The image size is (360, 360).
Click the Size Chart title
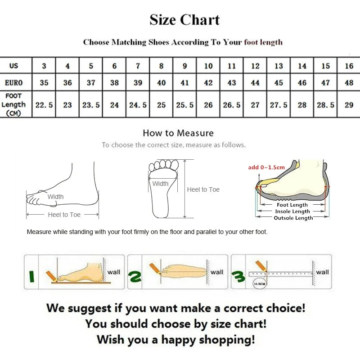(x=184, y=20)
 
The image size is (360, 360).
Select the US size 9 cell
(x=185, y=66)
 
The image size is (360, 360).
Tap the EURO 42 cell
(x=208, y=83)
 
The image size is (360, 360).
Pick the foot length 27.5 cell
(x=279, y=105)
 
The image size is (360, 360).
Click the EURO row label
(x=14, y=83)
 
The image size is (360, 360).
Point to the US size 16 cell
(x=349, y=66)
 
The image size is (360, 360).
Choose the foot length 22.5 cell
(x=44, y=105)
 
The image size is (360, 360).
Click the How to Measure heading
(x=178, y=133)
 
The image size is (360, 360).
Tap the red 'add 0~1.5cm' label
(x=266, y=167)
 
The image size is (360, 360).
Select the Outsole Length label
(x=293, y=218)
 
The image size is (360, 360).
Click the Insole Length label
(x=292, y=211)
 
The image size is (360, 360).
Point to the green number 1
(x=31, y=275)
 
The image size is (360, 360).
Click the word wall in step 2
(x=217, y=272)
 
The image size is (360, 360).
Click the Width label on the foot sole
(x=160, y=184)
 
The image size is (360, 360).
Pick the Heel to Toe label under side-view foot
(x=64, y=215)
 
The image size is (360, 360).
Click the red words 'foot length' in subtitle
(x=263, y=42)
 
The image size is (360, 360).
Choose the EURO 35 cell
(x=44, y=83)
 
